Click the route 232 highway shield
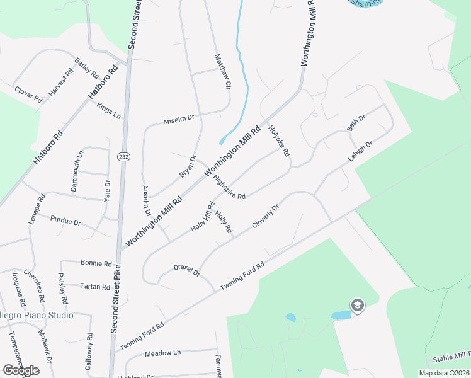tap(123, 156)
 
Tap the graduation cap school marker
tap(357, 306)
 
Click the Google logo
tap(21, 370)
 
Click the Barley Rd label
tap(84, 66)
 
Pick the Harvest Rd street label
tap(61, 81)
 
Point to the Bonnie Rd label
tap(96, 263)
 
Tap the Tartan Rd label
tap(95, 286)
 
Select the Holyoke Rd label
tap(279, 142)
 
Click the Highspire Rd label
tap(229, 187)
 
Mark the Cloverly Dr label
tap(265, 216)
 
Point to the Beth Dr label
tap(356, 123)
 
